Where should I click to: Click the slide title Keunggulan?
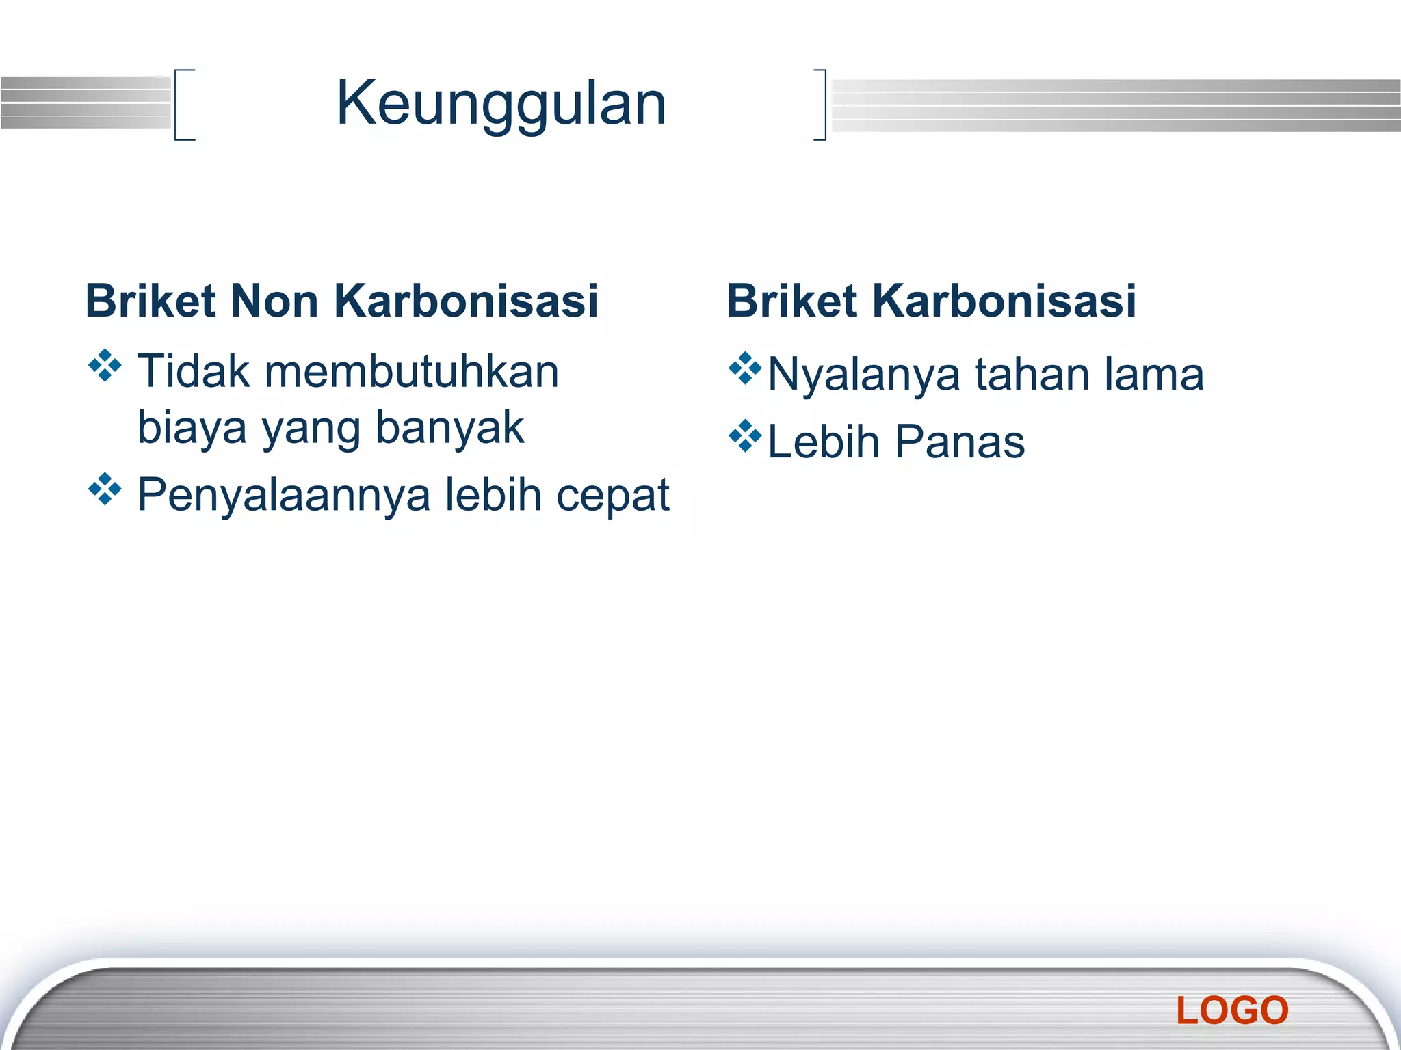pos(501,104)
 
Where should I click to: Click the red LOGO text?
pos(1232,1010)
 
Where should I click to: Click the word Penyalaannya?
pos(284,494)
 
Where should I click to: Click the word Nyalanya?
pos(863,375)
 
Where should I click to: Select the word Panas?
pos(960,442)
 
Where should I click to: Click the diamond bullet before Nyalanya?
pos(745,368)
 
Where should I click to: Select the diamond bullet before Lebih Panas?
pos(745,436)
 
